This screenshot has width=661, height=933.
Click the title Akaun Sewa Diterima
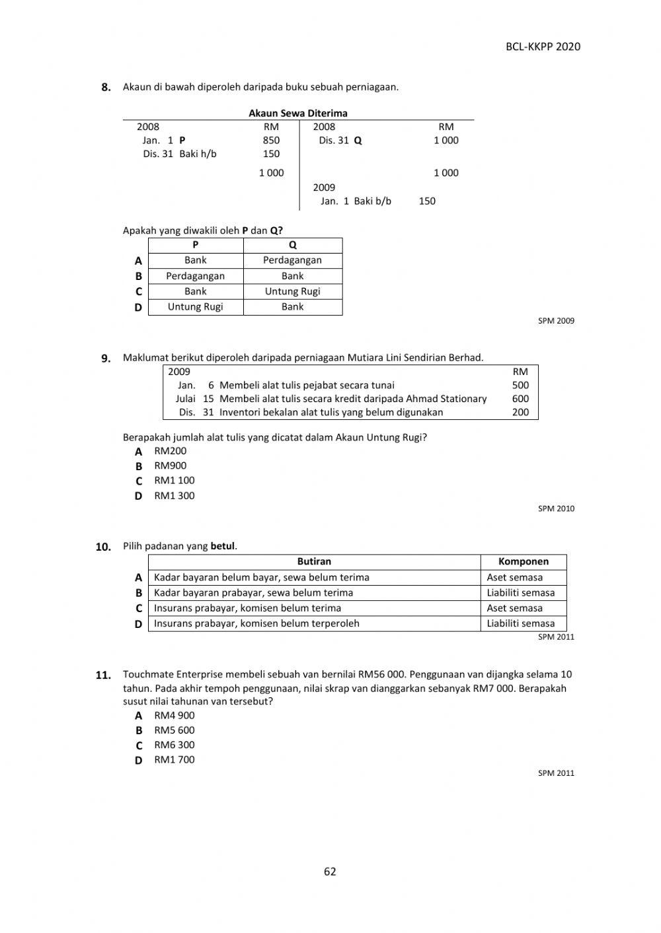click(297, 113)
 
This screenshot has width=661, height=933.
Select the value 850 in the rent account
click(271, 140)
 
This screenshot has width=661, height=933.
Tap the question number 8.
click(106, 87)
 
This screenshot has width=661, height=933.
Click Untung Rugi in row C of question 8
click(292, 291)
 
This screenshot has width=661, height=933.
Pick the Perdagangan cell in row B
click(195, 276)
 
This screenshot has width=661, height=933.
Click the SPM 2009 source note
click(556, 321)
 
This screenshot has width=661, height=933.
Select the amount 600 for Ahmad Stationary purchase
click(520, 399)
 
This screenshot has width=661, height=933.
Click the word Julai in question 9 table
click(185, 399)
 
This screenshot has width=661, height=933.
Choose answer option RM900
click(170, 466)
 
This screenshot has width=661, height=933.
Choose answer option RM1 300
click(174, 496)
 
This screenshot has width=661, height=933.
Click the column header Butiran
click(314, 562)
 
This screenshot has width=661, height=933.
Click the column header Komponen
click(523, 562)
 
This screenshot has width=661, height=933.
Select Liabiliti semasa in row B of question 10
click(520, 593)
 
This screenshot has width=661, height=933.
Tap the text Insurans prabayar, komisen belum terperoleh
click(256, 623)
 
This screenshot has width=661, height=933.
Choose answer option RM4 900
click(174, 716)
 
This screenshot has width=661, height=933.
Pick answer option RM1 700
click(174, 760)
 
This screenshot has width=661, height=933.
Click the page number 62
click(330, 872)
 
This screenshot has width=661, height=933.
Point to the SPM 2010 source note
click(556, 508)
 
